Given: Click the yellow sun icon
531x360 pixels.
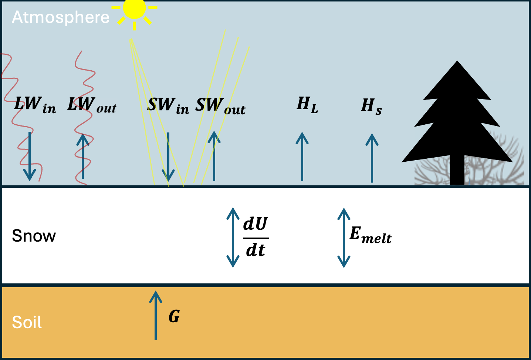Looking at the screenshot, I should coord(134,9).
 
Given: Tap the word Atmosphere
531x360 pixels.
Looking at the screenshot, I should coord(61,17).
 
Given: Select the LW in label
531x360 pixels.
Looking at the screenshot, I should coord(35,105).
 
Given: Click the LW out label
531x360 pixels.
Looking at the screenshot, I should coord(92,105).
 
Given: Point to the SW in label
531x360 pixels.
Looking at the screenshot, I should coord(168,105).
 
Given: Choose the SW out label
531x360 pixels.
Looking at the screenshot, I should coord(220,106).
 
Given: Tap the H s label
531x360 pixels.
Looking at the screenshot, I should coord(371,106).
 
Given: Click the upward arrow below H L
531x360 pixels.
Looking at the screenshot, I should coord(302,157).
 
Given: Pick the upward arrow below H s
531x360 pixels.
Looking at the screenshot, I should coord(372,158).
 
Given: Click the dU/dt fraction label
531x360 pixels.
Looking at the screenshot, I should coord(256,237).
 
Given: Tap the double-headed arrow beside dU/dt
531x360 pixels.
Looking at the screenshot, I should coord(233,237).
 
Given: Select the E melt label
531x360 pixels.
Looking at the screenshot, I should coord(370,235).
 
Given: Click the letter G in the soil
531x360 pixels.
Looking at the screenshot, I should coord(174,317).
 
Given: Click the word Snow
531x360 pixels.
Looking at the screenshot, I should coord(34,236).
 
